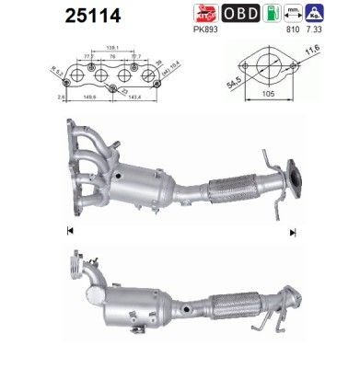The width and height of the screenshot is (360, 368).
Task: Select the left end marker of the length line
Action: click(x=69, y=228)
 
